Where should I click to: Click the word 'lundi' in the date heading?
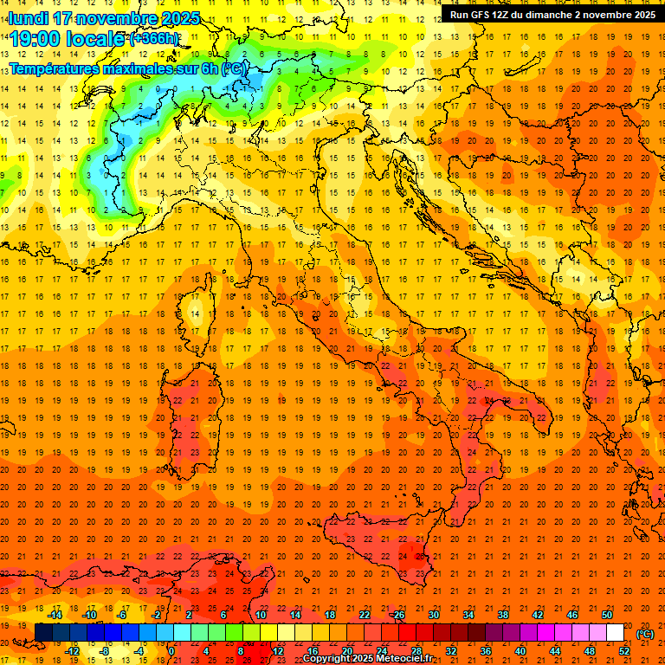pyautogui.click(x=29, y=18)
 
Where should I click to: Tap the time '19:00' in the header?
pyautogui.click(x=38, y=39)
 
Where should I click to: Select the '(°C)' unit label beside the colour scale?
pyautogui.click(x=645, y=634)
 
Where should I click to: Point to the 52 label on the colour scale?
pyautogui.click(x=624, y=651)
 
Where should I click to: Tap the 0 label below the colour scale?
pyautogui.click(x=171, y=651)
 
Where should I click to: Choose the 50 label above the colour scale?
pyautogui.click(x=607, y=615)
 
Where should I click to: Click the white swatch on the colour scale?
pyautogui.click(x=615, y=633)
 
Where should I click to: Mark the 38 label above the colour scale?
pyautogui.click(x=503, y=615)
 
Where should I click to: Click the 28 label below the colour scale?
pyautogui.click(x=416, y=651)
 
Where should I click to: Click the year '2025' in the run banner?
pyautogui.click(x=642, y=15)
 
